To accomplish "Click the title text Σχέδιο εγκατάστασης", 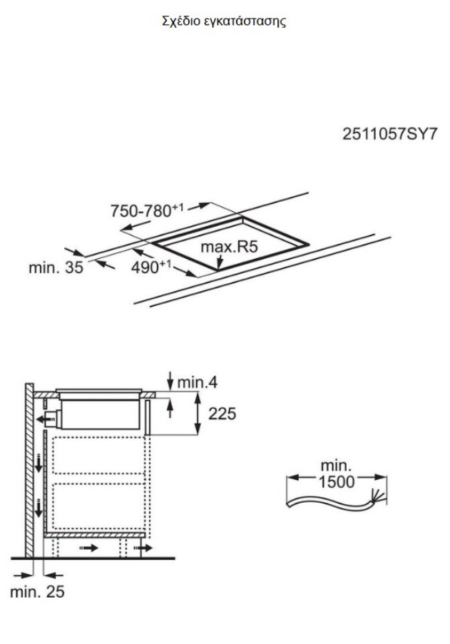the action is click(224, 21).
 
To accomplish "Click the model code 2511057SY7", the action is click(389, 134).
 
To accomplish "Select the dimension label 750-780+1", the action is click(147, 210).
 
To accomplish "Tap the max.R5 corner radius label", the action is click(229, 247).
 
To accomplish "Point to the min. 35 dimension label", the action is click(56, 267).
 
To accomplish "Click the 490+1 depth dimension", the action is click(150, 267).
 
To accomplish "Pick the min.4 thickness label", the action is click(197, 382).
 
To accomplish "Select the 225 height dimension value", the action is click(222, 414).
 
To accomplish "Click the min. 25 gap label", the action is click(37, 591).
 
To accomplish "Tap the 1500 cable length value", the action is click(337, 482).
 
